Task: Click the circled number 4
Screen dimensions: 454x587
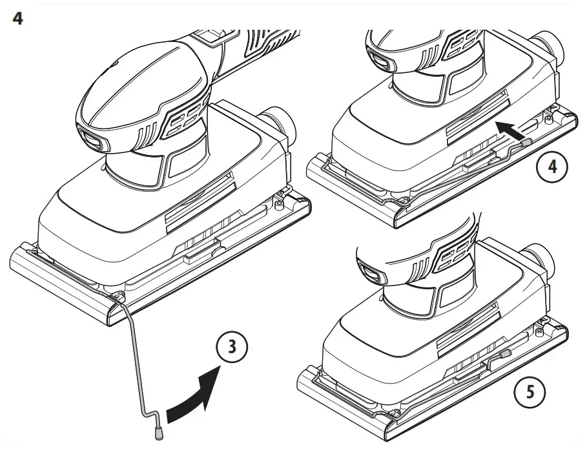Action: pyautogui.click(x=551, y=166)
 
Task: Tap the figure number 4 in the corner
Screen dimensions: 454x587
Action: pyautogui.click(x=17, y=19)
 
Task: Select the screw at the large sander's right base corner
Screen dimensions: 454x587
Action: pyautogui.click(x=278, y=205)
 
